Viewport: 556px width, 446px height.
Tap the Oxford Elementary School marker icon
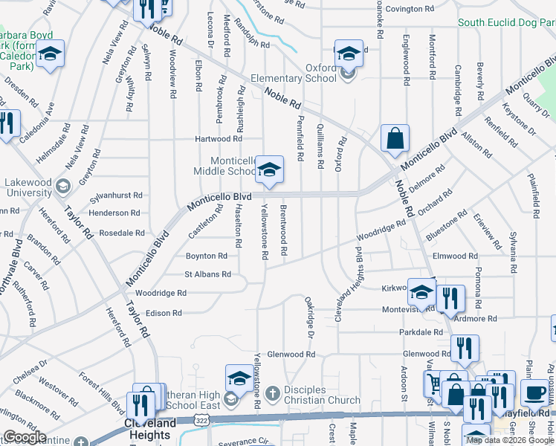pyautogui.click(x=349, y=54)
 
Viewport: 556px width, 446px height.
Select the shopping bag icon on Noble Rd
pyautogui.click(x=395, y=138)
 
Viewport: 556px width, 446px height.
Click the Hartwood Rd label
pyautogui.click(x=219, y=138)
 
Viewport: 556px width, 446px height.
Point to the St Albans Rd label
pyautogui.click(x=208, y=274)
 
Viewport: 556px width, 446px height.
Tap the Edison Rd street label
pyautogui.click(x=164, y=313)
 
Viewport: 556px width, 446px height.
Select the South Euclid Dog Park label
pyautogui.click(x=506, y=23)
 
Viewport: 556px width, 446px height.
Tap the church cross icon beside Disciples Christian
pyautogui.click(x=272, y=392)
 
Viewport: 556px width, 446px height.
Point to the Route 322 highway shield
pyautogui.click(x=201, y=420)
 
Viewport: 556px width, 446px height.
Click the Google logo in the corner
pyautogui.click(x=25, y=437)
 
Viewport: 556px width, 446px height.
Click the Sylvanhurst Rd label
pyautogui.click(x=116, y=195)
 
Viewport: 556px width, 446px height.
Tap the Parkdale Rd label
pyautogui.click(x=421, y=332)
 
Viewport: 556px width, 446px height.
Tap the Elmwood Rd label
pyautogui.click(x=455, y=256)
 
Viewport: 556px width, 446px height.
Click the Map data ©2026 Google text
pyautogui.click(x=510, y=440)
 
